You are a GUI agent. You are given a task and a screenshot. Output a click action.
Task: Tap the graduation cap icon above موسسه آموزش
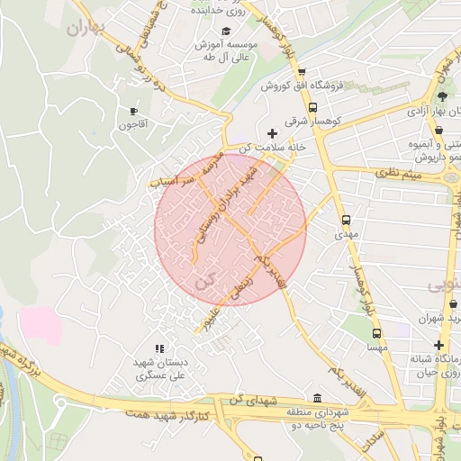coord(225,32)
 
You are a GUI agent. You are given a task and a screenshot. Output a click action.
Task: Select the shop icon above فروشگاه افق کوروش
coord(302,72)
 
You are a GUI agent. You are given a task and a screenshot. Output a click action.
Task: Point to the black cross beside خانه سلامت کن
coord(272,133)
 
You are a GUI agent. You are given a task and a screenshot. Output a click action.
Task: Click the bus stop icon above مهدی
coord(346,219)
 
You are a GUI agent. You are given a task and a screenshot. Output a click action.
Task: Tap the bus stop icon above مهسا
coord(376,333)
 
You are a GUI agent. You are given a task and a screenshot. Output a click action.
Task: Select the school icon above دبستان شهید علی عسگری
coord(159,348)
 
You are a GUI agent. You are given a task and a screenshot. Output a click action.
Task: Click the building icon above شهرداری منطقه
coord(316,398)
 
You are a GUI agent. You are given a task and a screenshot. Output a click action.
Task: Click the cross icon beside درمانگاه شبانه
coord(438,346)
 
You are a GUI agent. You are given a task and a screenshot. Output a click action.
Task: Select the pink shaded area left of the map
coord(41,324)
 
